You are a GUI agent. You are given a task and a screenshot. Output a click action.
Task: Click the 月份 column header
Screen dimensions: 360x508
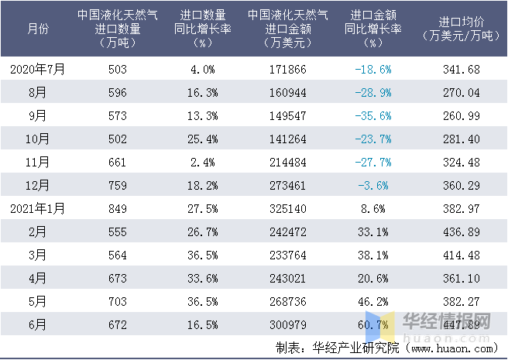tap(37, 29)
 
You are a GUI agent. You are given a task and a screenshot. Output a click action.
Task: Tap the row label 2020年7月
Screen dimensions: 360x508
tap(37, 69)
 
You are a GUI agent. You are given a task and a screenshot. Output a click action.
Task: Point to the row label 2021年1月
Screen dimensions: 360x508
tap(37, 208)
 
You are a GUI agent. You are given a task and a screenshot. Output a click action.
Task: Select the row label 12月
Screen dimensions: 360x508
tap(37, 185)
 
